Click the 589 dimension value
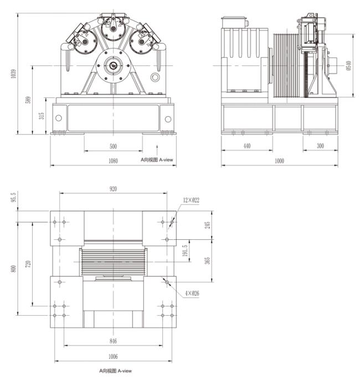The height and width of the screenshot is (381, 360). coord(28,100)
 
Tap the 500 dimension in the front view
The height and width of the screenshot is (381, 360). coord(113,147)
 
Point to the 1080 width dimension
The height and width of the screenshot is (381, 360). coord(113,161)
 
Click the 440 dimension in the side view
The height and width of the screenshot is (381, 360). coord(247,146)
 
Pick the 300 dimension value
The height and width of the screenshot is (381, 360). coord(320,146)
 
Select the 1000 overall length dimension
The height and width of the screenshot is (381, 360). coord(279,161)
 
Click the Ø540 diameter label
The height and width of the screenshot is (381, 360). coord(348,65)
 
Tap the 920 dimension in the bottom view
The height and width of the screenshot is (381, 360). coord(113,189)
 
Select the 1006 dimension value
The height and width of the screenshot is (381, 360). coord(113,357)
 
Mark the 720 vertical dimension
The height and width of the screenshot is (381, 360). coord(28,264)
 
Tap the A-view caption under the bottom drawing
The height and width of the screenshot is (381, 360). coord(115,370)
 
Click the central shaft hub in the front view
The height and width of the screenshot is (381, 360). coord(114,66)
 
